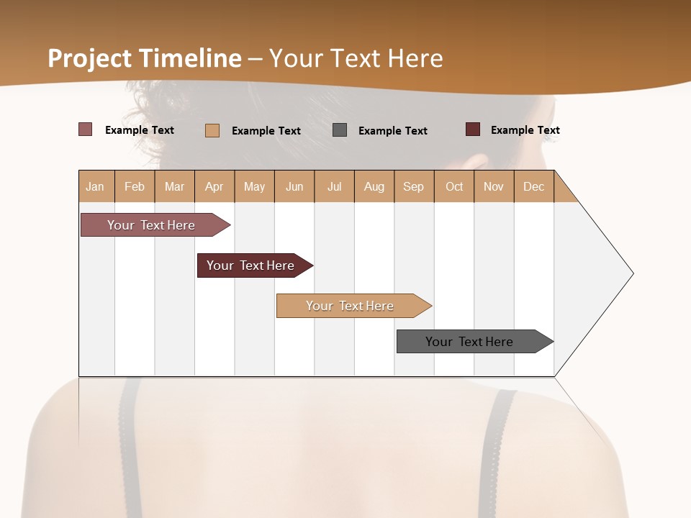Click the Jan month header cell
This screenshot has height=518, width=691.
tap(96, 186)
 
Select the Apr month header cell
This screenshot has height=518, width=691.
tap(214, 186)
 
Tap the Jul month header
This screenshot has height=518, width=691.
tap(335, 186)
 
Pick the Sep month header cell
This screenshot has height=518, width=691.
tap(414, 186)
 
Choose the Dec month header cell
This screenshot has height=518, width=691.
tap(534, 186)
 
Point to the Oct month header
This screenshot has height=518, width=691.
tap(454, 186)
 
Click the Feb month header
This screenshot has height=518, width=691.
tap(135, 186)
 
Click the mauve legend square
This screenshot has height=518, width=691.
tap(85, 129)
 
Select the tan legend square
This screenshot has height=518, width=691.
tap(212, 130)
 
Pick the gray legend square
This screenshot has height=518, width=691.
tap(340, 129)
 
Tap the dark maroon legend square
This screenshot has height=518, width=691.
tap(473, 129)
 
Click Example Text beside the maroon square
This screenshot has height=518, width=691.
tap(525, 130)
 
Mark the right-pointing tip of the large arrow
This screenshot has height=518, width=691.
tap(631, 273)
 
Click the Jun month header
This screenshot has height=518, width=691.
tap(294, 186)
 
